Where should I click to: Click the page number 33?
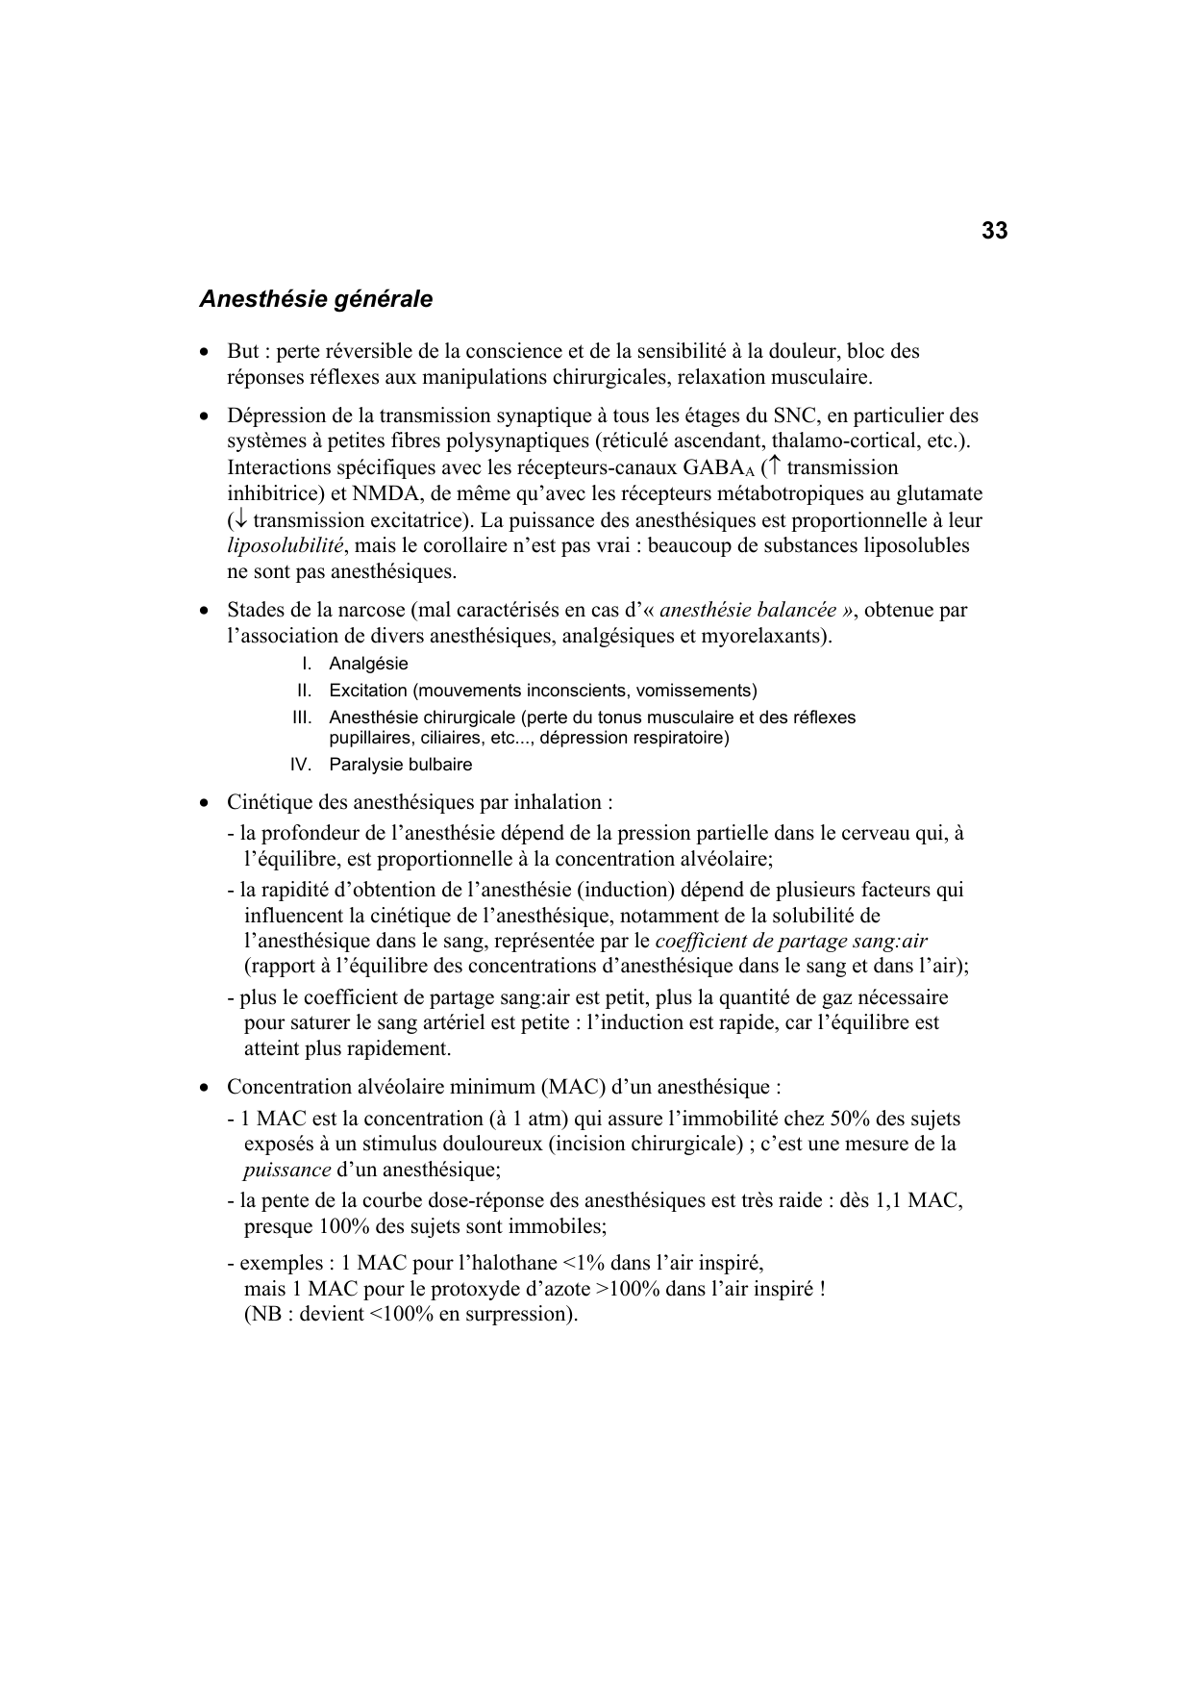(x=994, y=231)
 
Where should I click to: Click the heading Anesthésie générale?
(x=315, y=299)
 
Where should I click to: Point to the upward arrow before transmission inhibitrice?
(x=775, y=467)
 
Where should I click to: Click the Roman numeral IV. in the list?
(x=301, y=765)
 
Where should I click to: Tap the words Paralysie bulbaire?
(x=400, y=765)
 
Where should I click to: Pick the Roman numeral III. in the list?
(x=302, y=718)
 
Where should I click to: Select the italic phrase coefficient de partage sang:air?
(x=790, y=941)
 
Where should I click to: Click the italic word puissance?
(x=286, y=1171)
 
